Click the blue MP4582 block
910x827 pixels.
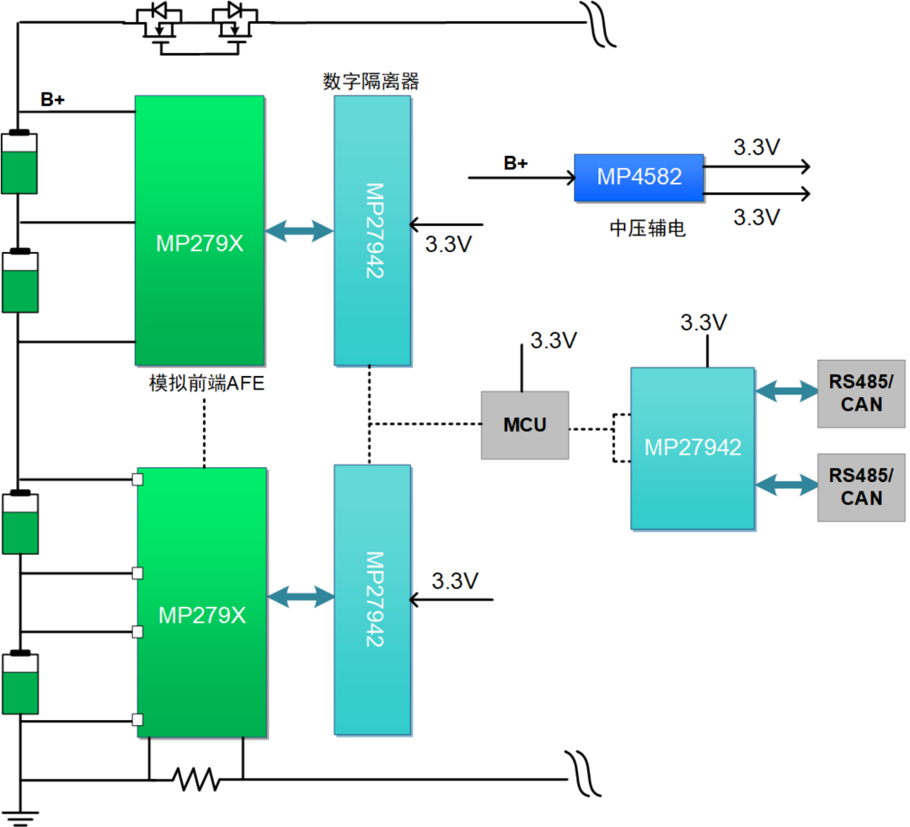pos(639,177)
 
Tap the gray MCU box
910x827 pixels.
pos(524,425)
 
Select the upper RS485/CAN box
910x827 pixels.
pos(861,393)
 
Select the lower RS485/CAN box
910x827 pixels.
pos(861,486)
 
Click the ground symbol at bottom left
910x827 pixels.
pos(19,814)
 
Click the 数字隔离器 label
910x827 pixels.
pos(371,82)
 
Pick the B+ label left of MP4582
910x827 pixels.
pos(515,164)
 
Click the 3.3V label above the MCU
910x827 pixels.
pos(553,341)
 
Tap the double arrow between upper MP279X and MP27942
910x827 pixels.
pos(299,230)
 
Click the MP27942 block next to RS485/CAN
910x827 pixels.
pos(693,448)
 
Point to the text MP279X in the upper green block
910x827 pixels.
pos(201,243)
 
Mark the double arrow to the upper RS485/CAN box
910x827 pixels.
pos(786,390)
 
